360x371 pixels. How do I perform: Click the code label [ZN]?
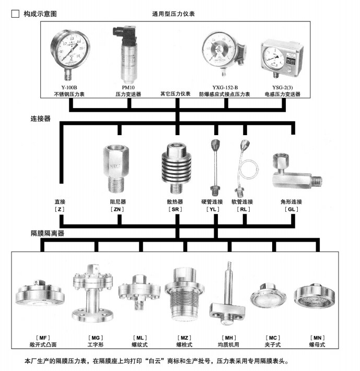(118, 209)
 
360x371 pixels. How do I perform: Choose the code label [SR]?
(176, 209)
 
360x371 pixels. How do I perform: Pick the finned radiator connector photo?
(176, 164)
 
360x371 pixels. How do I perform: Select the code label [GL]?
(291, 209)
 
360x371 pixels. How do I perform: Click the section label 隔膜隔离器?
(48, 233)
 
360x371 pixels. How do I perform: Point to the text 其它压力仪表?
(176, 94)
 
